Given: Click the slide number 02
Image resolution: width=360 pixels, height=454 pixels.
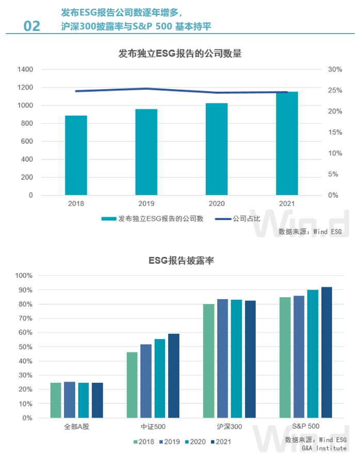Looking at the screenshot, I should tap(31, 26).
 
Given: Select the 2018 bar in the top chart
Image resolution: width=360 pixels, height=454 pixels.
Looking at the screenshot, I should tap(76, 155).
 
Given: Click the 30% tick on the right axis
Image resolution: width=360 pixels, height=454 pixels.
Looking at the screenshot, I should tap(335, 70).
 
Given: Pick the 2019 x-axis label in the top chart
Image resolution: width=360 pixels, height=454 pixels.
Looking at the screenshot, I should tap(146, 204).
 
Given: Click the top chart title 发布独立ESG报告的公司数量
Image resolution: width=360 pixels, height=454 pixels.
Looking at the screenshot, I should tap(180, 53).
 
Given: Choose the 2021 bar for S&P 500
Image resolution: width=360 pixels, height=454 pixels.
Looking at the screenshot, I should tap(326, 352).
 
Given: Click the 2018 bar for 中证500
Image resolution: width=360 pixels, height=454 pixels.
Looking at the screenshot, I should tap(132, 385).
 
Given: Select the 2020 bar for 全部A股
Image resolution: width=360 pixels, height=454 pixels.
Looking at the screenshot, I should tap(84, 400).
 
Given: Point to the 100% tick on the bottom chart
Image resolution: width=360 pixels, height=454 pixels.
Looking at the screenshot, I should tap(24, 275).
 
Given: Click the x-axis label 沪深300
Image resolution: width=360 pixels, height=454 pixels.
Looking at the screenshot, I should tap(229, 427).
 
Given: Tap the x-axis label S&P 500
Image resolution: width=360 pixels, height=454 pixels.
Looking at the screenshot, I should tap(306, 426).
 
